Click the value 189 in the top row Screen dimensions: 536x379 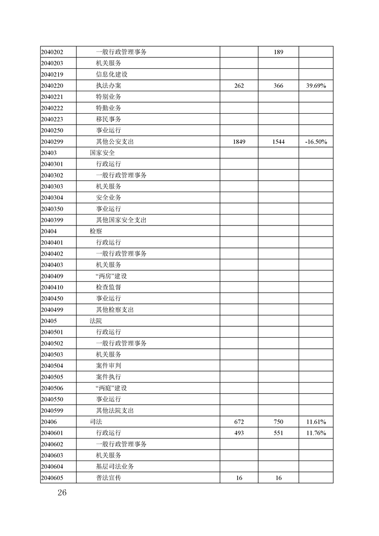coord(279,52)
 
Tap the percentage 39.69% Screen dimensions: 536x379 coord(315,86)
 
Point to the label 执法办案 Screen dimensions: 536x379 coord(108,86)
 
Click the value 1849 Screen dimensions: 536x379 coord(239,142)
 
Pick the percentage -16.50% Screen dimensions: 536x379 coord(315,142)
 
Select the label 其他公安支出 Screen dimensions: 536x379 coord(115,142)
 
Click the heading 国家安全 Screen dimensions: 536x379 coord(102,153)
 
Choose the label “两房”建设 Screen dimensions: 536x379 coord(111,276)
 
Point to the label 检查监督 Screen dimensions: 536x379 coord(108,287)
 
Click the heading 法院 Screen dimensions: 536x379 coord(96,321)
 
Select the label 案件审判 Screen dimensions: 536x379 coord(108,365)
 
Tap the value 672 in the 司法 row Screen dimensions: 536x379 coord(239,422)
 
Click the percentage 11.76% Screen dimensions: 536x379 coord(315,433)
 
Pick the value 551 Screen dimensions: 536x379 coord(279,433)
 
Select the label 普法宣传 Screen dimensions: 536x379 coord(108,478)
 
